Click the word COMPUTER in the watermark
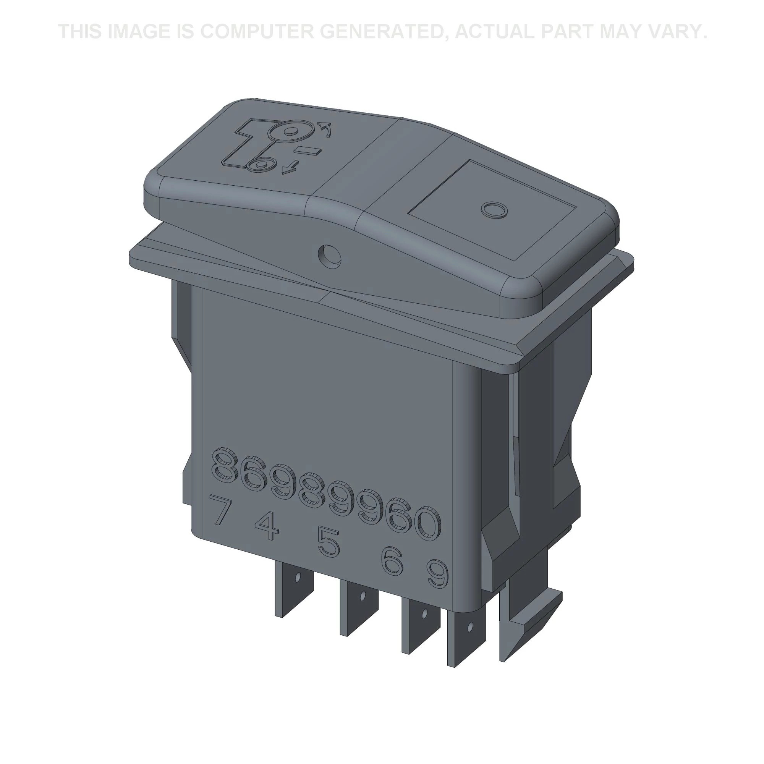coord(256,32)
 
